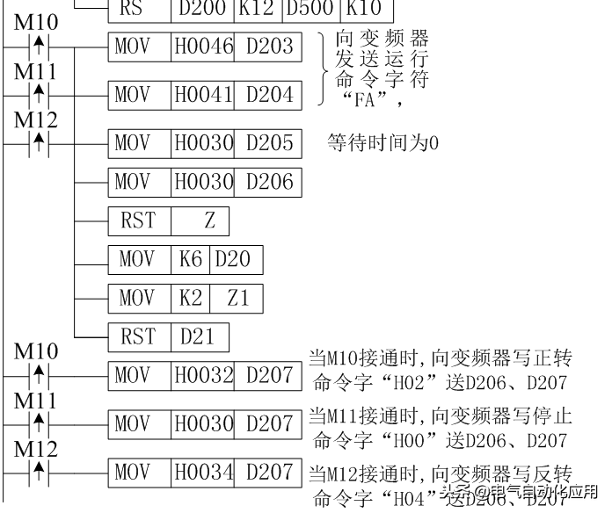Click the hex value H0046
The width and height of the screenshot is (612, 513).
pos(202,46)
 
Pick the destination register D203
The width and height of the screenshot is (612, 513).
pos(269,46)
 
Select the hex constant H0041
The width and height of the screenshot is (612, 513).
pos(202,93)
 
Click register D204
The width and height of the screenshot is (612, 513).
pos(269,93)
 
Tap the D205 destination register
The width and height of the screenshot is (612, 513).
pos(269,141)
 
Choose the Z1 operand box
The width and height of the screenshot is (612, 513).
pos(237,298)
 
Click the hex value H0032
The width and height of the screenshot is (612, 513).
pos(202,375)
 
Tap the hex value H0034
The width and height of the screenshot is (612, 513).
pos(202,472)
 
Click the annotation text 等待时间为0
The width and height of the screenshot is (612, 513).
pos(382,142)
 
